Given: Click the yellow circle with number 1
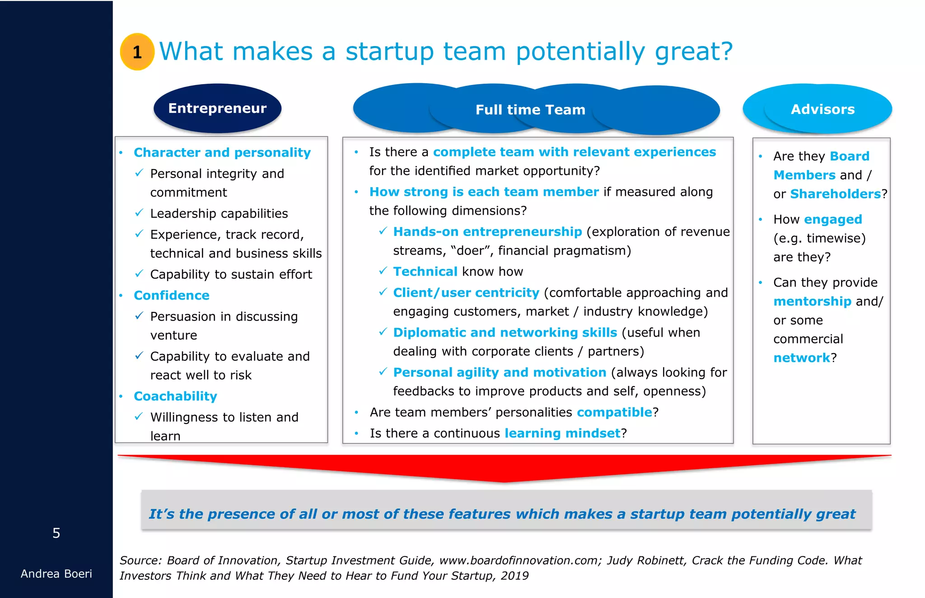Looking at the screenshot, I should click(137, 52).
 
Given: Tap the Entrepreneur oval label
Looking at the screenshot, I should click(217, 108).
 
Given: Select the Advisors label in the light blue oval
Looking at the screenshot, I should click(822, 109).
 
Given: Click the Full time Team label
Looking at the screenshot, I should click(530, 110).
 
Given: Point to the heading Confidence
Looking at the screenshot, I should click(172, 296).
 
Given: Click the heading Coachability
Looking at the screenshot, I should click(175, 396).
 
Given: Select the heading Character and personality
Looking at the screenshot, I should click(222, 153).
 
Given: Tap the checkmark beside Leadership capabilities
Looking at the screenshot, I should click(140, 213).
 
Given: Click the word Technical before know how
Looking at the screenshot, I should click(425, 272).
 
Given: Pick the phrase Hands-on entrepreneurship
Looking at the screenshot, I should click(487, 232).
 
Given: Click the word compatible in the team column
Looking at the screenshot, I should click(614, 412).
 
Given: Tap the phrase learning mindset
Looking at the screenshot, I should click(562, 433).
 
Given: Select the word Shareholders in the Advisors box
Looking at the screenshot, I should click(835, 194).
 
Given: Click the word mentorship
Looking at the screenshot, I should click(812, 301).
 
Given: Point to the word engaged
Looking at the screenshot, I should click(833, 220).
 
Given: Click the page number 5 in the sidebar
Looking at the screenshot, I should click(56, 533).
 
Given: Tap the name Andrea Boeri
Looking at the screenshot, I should click(56, 574).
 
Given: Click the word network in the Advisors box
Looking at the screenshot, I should click(802, 358).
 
